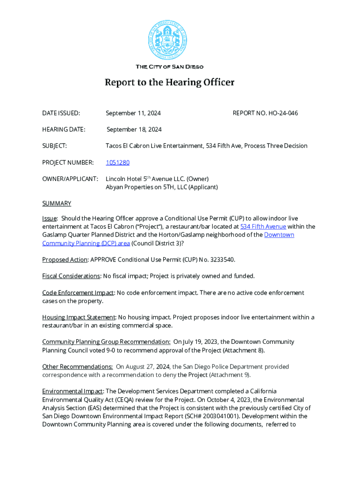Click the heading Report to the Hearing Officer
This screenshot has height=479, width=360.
tap(169, 83)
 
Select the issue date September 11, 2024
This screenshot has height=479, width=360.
tap(133, 113)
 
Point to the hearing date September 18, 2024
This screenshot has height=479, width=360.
tap(134, 130)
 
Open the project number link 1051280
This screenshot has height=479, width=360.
tap(117, 162)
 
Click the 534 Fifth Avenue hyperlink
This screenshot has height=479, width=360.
tap(263, 226)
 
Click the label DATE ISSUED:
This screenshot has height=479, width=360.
tap(61, 113)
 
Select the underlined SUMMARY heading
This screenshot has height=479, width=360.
tap(57, 203)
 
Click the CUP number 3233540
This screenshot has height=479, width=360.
tap(240, 260)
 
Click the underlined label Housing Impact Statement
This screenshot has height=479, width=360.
tap(79, 317)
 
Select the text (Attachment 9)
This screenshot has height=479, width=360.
tap(230, 375)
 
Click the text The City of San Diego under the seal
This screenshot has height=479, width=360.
tap(169, 67)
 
